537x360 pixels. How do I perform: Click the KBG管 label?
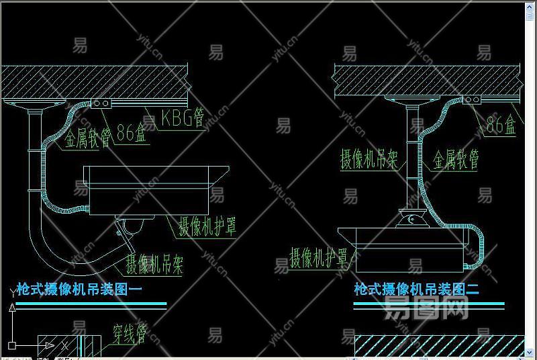click(182, 119)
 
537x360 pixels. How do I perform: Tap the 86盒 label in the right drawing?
click(501, 124)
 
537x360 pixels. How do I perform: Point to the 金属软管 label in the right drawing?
click(456, 159)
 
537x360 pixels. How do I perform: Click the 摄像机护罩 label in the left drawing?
click(207, 227)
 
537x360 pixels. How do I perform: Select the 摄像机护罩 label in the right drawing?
click(319, 258)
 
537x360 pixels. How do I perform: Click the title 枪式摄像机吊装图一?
click(81, 290)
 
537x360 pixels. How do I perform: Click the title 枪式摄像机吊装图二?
click(416, 290)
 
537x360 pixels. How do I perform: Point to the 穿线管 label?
click(129, 332)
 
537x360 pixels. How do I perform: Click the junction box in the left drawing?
click(102, 104)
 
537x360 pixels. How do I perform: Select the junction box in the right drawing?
click(473, 100)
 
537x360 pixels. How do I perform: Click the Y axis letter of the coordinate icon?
click(12, 293)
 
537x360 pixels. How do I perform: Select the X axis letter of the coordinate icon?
click(64, 345)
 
